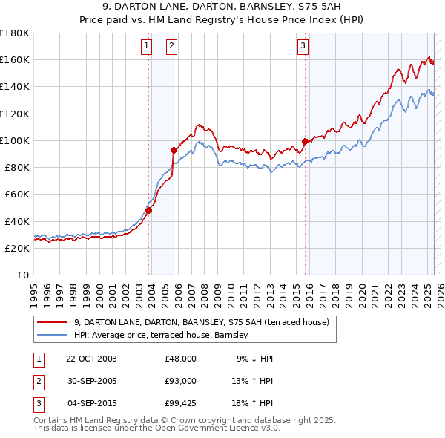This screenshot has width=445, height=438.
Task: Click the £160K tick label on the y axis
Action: (15, 59)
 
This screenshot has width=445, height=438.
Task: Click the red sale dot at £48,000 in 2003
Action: (148, 210)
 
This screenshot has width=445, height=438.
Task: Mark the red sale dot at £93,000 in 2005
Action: (174, 149)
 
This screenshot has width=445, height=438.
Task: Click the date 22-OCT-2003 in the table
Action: (91, 359)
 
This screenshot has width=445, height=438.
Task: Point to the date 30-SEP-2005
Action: (91, 382)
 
